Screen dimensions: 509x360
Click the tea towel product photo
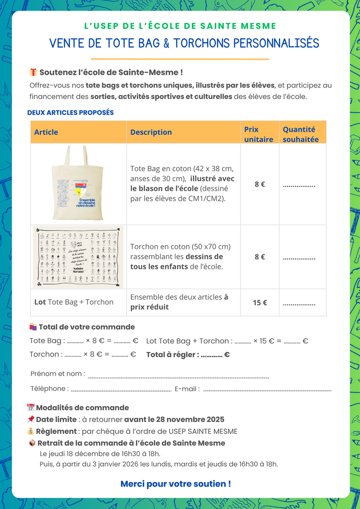click(x=78, y=256)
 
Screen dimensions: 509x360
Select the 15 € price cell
click(x=260, y=302)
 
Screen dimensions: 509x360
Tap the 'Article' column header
click(x=46, y=132)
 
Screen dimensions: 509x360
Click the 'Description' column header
click(x=151, y=132)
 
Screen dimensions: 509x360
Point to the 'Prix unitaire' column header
click(x=259, y=134)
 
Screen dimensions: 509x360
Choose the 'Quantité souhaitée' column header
click(x=301, y=134)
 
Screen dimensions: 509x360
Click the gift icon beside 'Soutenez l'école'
click(x=33, y=73)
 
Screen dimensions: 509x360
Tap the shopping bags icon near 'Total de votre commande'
click(x=33, y=327)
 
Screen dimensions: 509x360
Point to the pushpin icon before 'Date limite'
click(x=31, y=420)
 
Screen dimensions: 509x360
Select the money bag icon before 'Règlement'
click(x=31, y=431)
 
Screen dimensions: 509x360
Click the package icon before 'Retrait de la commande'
click(x=32, y=443)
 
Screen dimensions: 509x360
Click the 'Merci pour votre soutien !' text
click(x=176, y=484)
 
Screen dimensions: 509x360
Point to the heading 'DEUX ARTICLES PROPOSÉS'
click(x=71, y=112)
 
